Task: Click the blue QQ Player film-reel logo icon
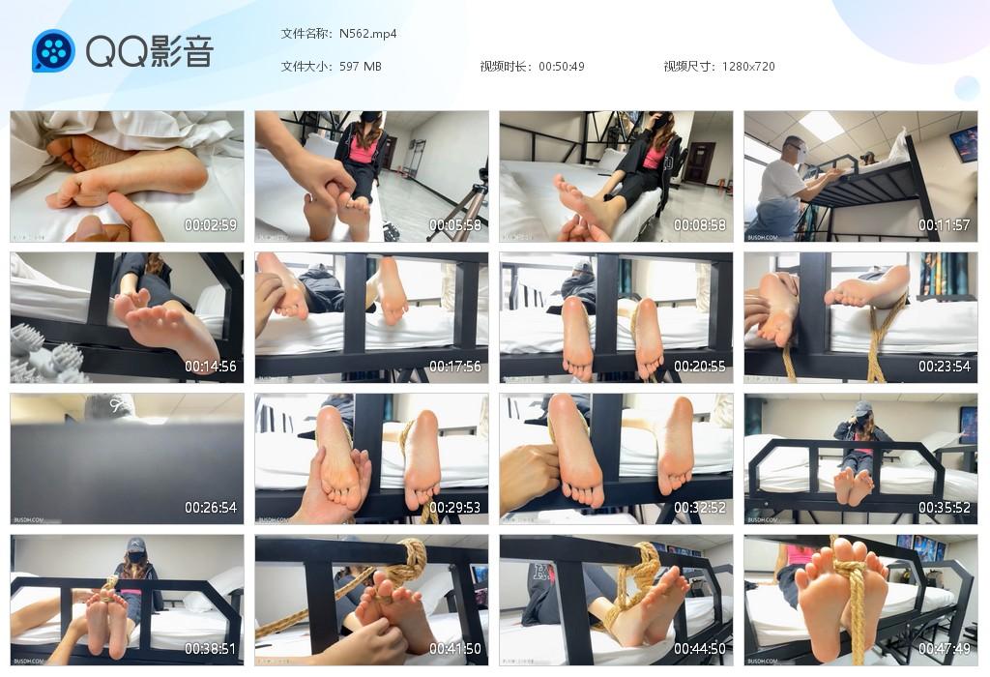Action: tap(53, 50)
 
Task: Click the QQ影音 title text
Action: tap(150, 51)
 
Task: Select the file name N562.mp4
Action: tap(367, 33)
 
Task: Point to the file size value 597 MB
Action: tap(361, 67)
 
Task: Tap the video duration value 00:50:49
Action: tap(562, 67)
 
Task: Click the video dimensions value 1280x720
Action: tap(748, 67)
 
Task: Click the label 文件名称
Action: tap(306, 33)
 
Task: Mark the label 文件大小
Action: tap(306, 67)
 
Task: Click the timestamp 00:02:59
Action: tap(211, 225)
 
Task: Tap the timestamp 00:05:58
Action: tap(455, 225)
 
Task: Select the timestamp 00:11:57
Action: tap(945, 225)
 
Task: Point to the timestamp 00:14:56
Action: tap(211, 367)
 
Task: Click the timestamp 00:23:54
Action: tap(945, 367)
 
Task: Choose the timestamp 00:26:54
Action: tap(211, 508)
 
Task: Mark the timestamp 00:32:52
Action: tap(700, 508)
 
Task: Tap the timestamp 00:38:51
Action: tap(211, 649)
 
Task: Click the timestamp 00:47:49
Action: tap(945, 649)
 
